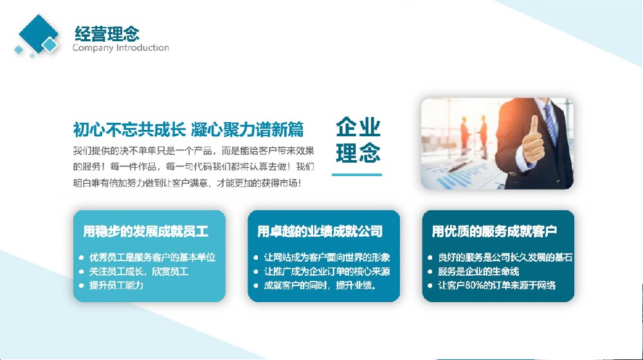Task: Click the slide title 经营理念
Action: pos(107,33)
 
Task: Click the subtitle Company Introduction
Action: pos(121,48)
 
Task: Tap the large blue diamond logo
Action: pos(38,33)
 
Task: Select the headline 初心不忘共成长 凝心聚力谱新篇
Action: pos(188,129)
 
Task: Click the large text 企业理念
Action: pos(358,139)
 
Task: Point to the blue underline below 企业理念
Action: pos(357,175)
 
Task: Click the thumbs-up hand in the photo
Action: pos(532,141)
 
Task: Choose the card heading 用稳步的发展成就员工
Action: pos(146,231)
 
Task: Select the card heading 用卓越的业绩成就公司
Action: pos(320,231)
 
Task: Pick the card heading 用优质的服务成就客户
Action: pos(494,231)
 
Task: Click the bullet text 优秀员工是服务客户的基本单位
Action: pos(152,258)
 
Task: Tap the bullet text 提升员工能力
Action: pos(116,285)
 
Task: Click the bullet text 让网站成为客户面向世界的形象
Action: pos(327,258)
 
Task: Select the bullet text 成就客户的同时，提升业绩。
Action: pos(320,285)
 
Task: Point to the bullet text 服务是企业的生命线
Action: pos(478,271)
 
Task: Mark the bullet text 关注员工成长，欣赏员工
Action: pos(139,271)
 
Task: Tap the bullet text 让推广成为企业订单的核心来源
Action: pos(327,271)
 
